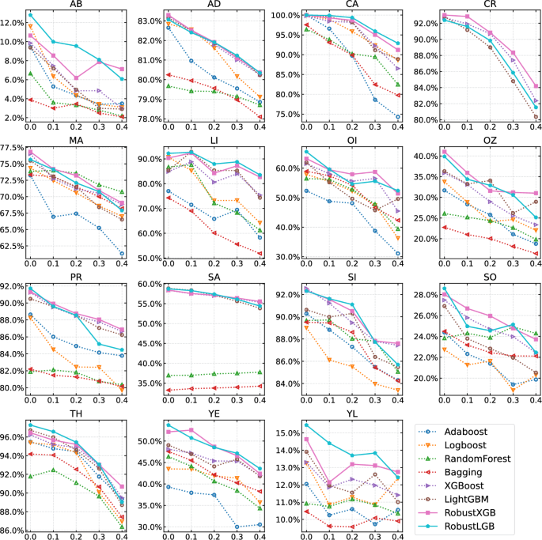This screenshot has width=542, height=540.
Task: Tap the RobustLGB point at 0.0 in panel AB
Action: coord(30,15)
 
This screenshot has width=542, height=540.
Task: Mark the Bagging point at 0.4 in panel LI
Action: coord(260,254)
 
